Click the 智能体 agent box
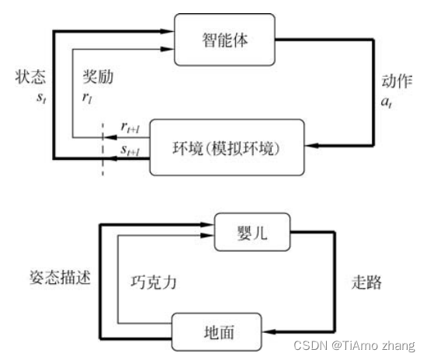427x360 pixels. pyautogui.click(x=224, y=40)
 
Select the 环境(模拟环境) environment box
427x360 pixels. pyautogui.click(x=227, y=147)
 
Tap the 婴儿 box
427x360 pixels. pyautogui.click(x=252, y=232)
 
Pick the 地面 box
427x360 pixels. pyautogui.click(x=217, y=332)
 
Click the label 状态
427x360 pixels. pyautogui.click(x=30, y=77)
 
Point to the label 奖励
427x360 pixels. pyautogui.click(x=98, y=77)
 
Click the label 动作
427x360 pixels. pyautogui.click(x=397, y=81)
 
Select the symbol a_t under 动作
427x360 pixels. pyautogui.click(x=387, y=102)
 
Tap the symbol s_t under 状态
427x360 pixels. pyautogui.click(x=41, y=98)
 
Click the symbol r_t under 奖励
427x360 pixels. pyautogui.click(x=87, y=98)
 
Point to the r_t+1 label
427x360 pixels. pyautogui.click(x=130, y=127)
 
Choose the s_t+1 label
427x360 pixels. pyautogui.click(x=130, y=150)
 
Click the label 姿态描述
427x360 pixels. pyautogui.click(x=60, y=278)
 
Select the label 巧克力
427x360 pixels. pyautogui.click(x=154, y=282)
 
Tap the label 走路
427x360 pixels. pyautogui.click(x=366, y=282)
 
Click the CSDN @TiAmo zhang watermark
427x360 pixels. pyautogui.click(x=354, y=345)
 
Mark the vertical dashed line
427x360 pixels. pyautogui.click(x=102, y=150)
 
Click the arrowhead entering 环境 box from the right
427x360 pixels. pyautogui.click(x=311, y=145)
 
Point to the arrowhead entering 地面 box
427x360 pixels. pyautogui.click(x=269, y=332)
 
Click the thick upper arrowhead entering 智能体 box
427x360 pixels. pyautogui.click(x=167, y=31)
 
